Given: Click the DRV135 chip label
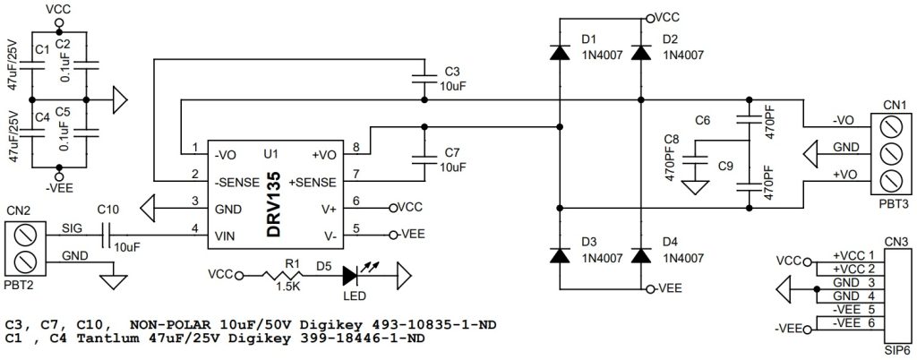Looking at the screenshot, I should tap(277, 205).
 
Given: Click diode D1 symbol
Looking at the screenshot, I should tap(560, 53).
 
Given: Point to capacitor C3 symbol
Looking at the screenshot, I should tap(424, 79).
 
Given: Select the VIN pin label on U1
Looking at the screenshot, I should tap(225, 236).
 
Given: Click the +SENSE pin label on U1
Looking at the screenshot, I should tap(314, 182).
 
